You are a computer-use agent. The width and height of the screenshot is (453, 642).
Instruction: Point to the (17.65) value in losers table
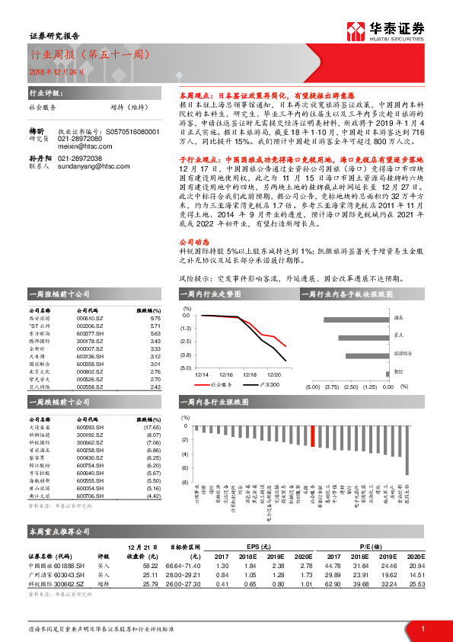pyautogui.click(x=152, y=428)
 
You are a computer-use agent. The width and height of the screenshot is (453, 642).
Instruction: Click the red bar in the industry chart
pyautogui.click(x=312, y=436)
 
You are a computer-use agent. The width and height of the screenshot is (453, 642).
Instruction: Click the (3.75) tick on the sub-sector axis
pyautogui.click(x=331, y=387)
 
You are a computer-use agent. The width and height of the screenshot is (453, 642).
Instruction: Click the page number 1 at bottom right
pyautogui.click(x=422, y=628)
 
